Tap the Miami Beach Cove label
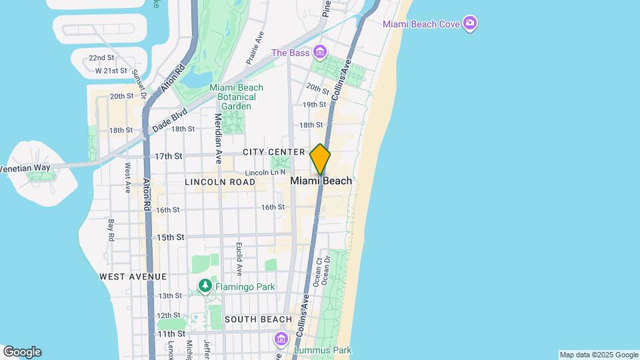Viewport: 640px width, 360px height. pyautogui.click(x=423, y=24)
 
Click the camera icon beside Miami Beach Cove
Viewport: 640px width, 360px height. pyautogui.click(x=471, y=24)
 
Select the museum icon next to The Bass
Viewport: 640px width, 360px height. pyautogui.click(x=320, y=52)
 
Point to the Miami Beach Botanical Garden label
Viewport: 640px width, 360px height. pyautogui.click(x=236, y=97)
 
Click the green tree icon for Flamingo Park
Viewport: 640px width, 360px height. pyautogui.click(x=205, y=287)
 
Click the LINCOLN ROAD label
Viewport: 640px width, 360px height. pyautogui.click(x=220, y=182)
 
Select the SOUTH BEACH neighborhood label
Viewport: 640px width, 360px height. pyautogui.click(x=259, y=320)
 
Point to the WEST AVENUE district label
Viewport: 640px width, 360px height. pyautogui.click(x=133, y=277)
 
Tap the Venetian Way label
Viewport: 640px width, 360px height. pyautogui.click(x=25, y=168)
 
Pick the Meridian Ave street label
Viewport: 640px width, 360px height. pyautogui.click(x=218, y=138)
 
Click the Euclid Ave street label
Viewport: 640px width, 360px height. pyautogui.click(x=239, y=259)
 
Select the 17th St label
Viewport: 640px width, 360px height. pyautogui.click(x=169, y=156)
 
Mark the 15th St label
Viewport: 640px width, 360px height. pyautogui.click(x=170, y=237)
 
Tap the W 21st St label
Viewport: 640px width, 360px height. pyautogui.click(x=111, y=71)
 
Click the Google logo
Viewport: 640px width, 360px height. pyautogui.click(x=22, y=352)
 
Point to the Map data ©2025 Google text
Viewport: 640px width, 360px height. pyautogui.click(x=599, y=355)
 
